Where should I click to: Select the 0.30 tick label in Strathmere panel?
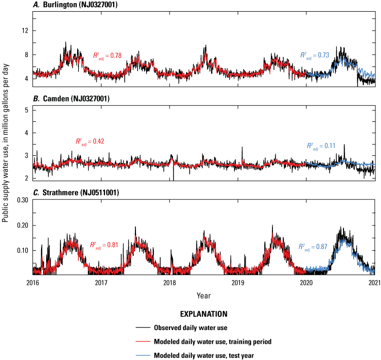tap(22, 200)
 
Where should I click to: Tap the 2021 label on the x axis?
tap(374, 282)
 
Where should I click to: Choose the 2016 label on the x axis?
tap(32, 282)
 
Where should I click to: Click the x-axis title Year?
tap(203, 295)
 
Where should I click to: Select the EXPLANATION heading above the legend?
tap(203, 314)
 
